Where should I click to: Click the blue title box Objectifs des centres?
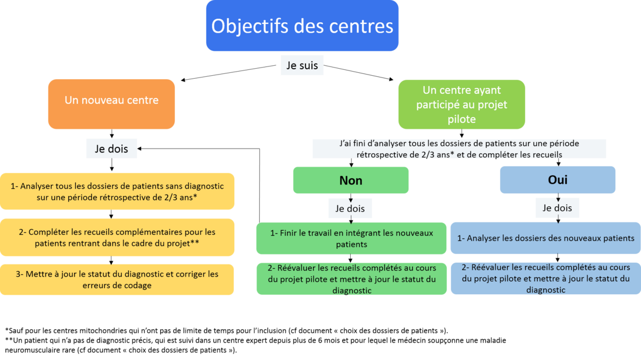point(302,25)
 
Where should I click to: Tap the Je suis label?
point(302,65)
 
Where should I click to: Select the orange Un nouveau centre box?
point(112,104)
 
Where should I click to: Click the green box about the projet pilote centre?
point(462,105)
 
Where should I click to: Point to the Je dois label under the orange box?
point(112,149)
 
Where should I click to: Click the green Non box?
point(351,180)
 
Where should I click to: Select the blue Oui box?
point(558,180)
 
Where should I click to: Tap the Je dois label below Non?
point(350,209)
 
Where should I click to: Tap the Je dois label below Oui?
point(557,208)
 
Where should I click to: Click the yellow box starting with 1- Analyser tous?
point(117,191)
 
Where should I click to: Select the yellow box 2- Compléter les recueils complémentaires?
point(117,238)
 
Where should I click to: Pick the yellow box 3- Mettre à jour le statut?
point(117,280)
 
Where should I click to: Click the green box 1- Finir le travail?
point(351,238)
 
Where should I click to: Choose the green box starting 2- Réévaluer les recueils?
point(351,278)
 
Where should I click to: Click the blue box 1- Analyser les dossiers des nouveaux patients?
point(546,238)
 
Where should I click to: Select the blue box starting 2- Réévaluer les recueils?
point(546,278)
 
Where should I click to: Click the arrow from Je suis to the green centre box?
point(358,72)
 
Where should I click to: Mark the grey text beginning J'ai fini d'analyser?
point(459,149)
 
